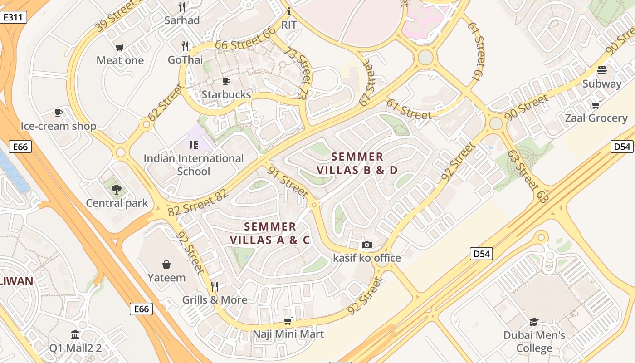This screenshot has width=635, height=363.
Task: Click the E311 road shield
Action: [x=14, y=18]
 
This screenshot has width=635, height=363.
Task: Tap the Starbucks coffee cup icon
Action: [x=226, y=81]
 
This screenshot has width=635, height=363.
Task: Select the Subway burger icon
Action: [x=602, y=70]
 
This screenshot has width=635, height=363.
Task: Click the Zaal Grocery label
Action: [x=596, y=118]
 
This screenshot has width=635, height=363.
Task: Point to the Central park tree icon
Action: [x=117, y=190]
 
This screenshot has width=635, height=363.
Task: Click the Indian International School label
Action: [x=194, y=165]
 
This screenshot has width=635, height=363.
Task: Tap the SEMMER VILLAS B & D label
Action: [x=357, y=163]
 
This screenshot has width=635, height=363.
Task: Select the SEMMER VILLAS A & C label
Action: [x=270, y=233]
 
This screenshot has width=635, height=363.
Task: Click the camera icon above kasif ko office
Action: [x=367, y=245]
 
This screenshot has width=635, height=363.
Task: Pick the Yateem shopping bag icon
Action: [x=166, y=265]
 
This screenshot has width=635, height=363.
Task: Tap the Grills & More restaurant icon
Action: [x=215, y=287]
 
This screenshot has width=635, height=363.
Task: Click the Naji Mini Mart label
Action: [x=288, y=334]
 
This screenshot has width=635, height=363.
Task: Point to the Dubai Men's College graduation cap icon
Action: [x=534, y=322]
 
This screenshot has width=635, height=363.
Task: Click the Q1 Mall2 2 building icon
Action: [x=75, y=335]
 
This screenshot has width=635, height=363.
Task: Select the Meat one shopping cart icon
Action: [x=120, y=47]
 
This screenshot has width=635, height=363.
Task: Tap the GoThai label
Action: [x=185, y=59]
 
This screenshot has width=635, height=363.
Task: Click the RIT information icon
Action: [x=289, y=11]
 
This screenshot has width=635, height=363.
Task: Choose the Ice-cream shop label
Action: [x=59, y=126]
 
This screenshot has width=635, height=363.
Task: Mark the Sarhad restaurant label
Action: [x=182, y=20]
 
